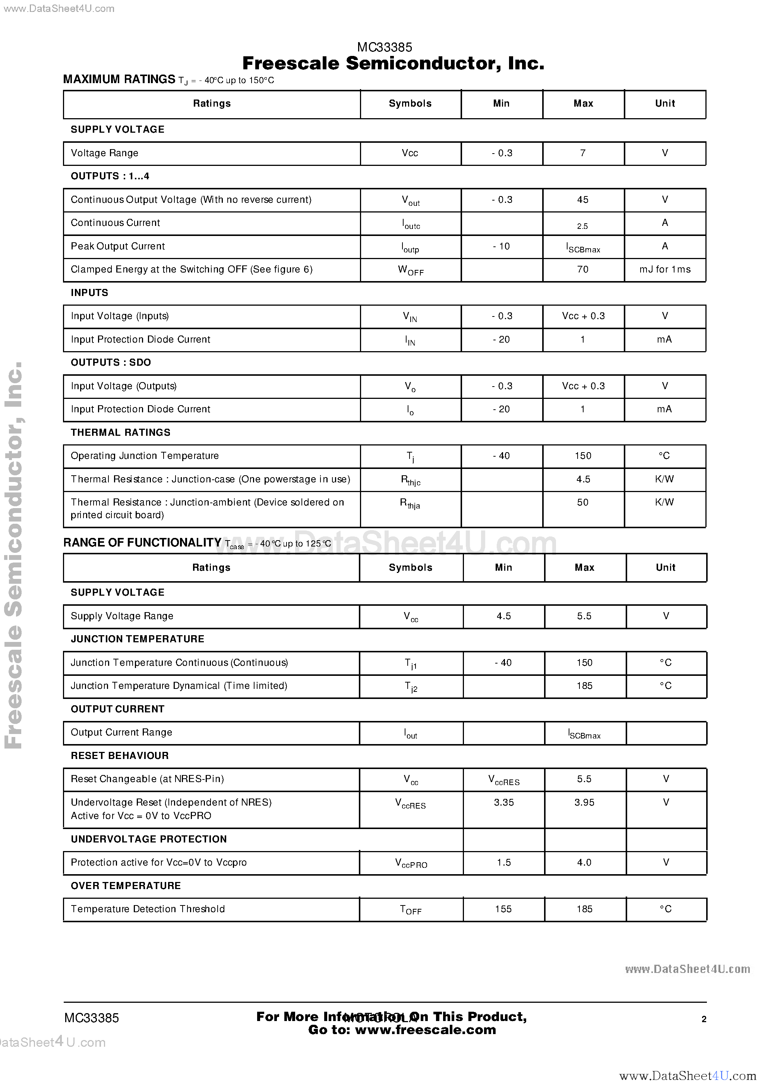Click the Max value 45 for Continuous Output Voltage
(582, 200)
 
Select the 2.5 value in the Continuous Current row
(582, 226)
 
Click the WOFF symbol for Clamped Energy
(411, 270)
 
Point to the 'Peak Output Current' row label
(118, 246)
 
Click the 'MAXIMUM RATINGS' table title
(119, 79)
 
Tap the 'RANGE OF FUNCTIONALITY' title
(142, 543)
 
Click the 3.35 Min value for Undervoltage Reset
(504, 803)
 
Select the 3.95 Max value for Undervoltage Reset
(584, 803)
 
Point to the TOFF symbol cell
(411, 910)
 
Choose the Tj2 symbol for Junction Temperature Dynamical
(411, 687)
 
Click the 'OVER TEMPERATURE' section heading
(126, 886)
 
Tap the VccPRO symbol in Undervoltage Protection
(411, 863)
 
